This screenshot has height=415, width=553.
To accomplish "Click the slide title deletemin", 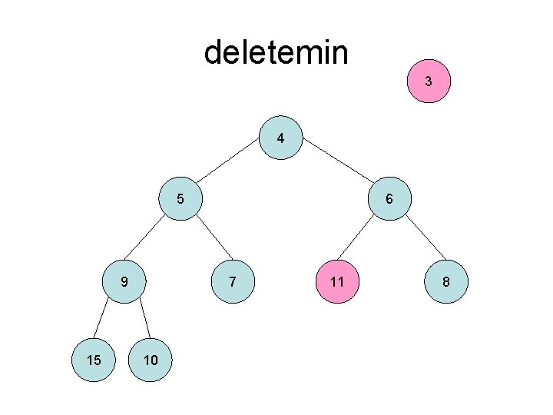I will pos(276,53).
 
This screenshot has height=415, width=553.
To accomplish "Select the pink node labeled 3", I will pos(429,81).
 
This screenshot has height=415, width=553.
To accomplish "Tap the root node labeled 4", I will pos(282,139).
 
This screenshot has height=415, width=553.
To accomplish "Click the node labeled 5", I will pos(180,199).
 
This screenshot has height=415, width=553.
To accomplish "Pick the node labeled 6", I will pos(389,199).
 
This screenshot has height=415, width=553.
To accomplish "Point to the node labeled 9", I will pos(124,282).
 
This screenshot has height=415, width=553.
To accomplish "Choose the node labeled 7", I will pos(232,282).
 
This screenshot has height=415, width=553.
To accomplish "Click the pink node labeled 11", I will pos(336,282).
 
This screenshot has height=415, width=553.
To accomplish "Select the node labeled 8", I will pos(445,282).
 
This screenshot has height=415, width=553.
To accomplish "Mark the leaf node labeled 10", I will pos(151,360).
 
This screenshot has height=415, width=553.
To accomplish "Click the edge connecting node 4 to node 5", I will pos(230,169).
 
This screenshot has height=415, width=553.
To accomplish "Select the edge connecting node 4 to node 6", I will pos(336,169).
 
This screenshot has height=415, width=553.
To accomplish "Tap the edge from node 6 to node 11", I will pos(363,241).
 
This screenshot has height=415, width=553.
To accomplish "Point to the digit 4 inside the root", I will pos(281,139).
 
